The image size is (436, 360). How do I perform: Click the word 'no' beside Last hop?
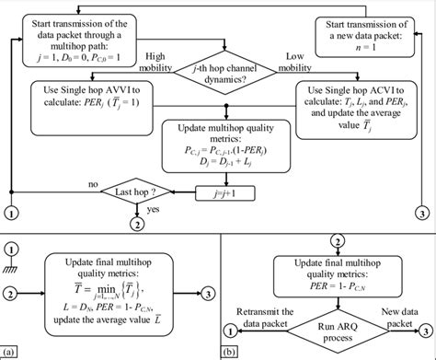point(92,184)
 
